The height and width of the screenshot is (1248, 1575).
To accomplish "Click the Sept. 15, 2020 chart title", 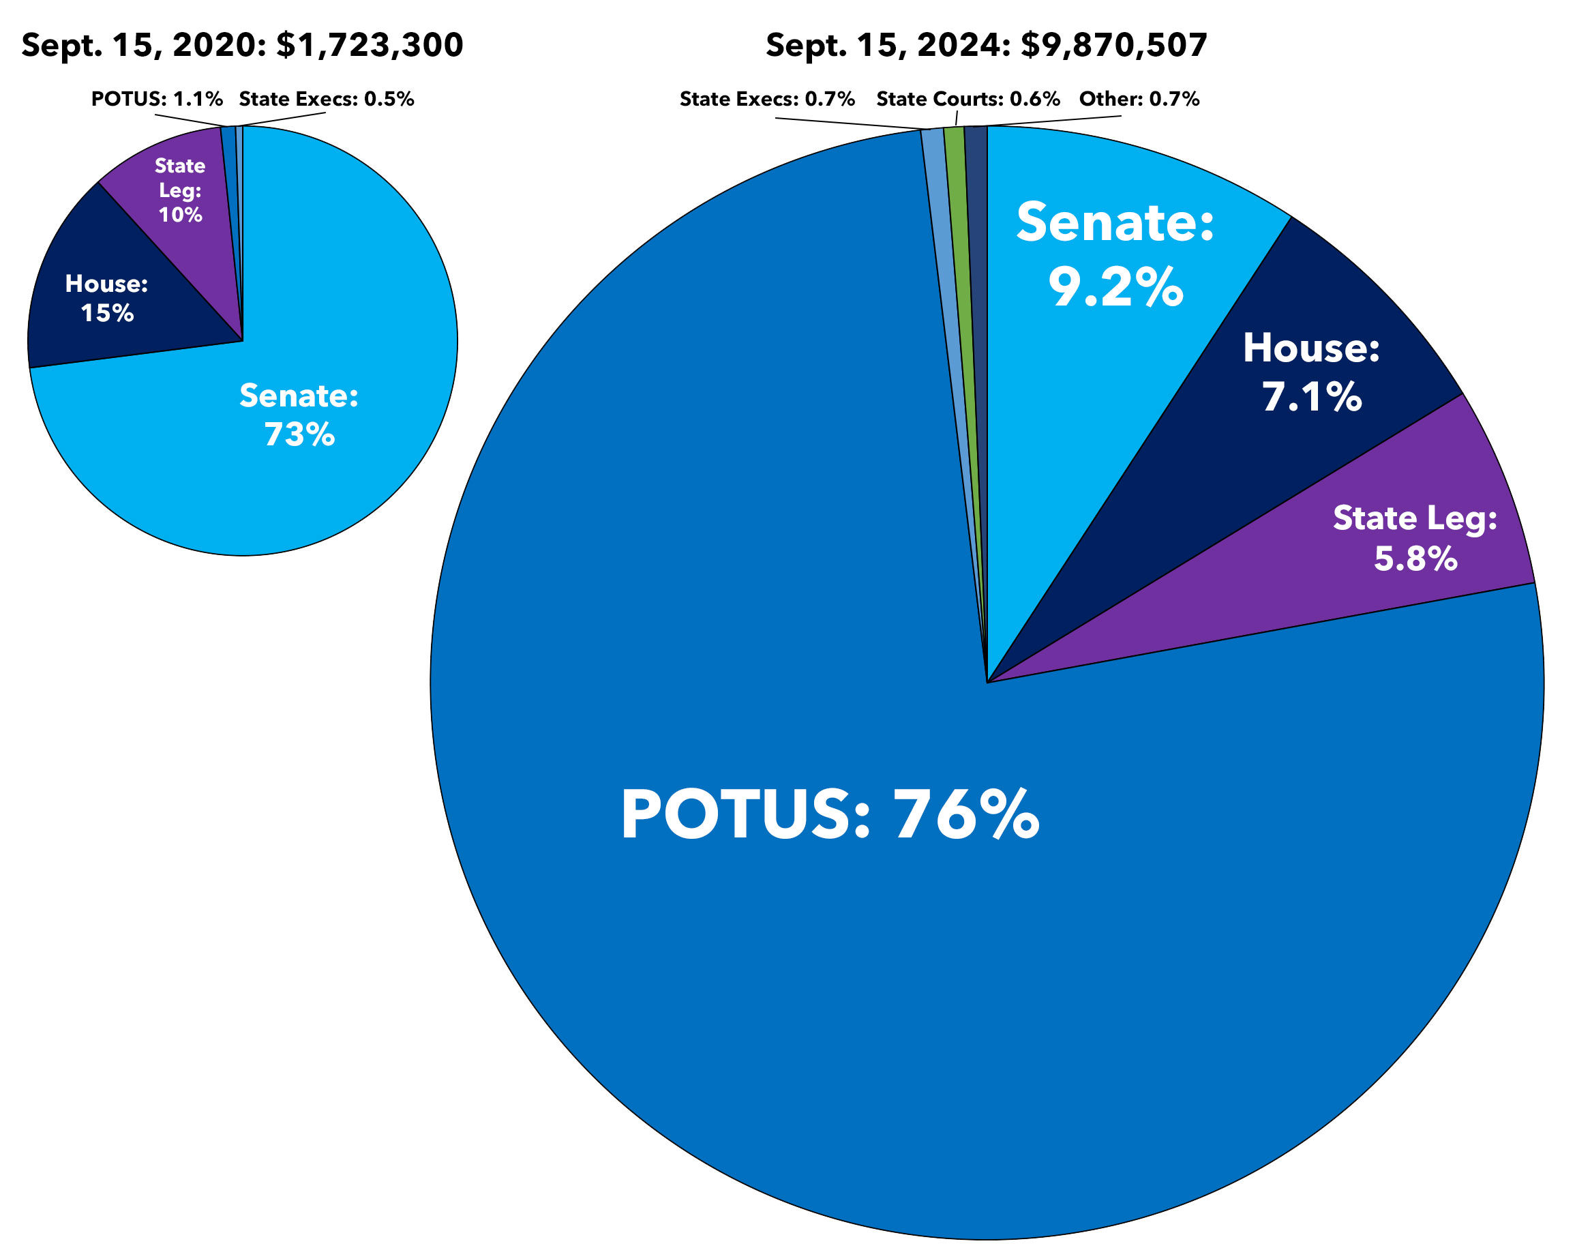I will coord(242,45).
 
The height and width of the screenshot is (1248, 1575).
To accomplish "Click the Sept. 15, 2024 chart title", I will coord(985,45).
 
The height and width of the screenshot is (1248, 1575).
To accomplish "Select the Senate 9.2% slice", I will coord(1111,351).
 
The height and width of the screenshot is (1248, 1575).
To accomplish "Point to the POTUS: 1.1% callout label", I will coord(156,100).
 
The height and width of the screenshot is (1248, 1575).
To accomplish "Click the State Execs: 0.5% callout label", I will coord(326,100).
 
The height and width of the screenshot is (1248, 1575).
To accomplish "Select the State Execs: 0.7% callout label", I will coord(767,100).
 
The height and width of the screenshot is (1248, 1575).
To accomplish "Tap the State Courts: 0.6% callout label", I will coord(968,100).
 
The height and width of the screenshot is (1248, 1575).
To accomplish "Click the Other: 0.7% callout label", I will coord(1139,100).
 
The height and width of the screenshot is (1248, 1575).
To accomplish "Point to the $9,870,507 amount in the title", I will coord(1113,45).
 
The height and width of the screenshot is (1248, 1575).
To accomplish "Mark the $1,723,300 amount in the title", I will coord(370,45).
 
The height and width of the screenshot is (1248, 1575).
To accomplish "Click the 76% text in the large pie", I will coord(965,815).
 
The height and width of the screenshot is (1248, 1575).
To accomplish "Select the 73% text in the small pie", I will coord(299,435).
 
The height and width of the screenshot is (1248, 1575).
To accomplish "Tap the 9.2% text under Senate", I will coord(1115,287).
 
